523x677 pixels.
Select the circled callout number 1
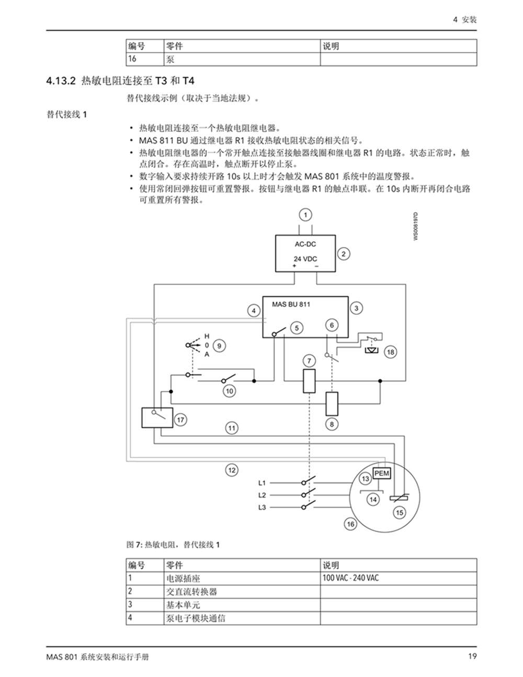pyautogui.click(x=305, y=215)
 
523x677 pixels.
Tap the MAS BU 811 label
pyautogui.click(x=291, y=304)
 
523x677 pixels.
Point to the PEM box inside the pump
pyautogui.click(x=382, y=473)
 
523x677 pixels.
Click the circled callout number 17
pyautogui.click(x=180, y=420)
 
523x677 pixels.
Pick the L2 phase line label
pyautogui.click(x=262, y=495)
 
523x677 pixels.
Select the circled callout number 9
pyautogui.click(x=219, y=346)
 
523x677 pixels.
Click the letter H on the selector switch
pyautogui.click(x=207, y=336)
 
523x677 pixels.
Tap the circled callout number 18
pyautogui.click(x=390, y=352)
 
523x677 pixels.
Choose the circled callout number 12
pyautogui.click(x=232, y=470)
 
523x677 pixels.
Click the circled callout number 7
pyautogui.click(x=309, y=361)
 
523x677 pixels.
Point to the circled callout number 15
pyautogui.click(x=400, y=513)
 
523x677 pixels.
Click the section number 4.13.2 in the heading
pyautogui.click(x=61, y=81)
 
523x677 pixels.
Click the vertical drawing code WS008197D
pyautogui.click(x=416, y=227)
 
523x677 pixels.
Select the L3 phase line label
pyautogui.click(x=262, y=507)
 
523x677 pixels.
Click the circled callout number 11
pyautogui.click(x=232, y=428)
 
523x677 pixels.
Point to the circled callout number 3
pyautogui.click(x=356, y=308)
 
